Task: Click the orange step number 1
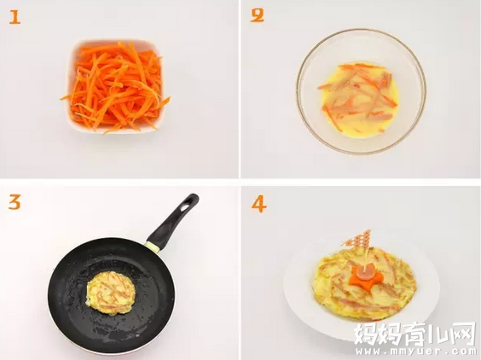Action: tap(14, 17)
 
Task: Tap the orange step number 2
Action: tap(257, 15)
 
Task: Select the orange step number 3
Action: tap(14, 203)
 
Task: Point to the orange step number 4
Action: tap(259, 205)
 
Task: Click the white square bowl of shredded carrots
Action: tap(116, 86)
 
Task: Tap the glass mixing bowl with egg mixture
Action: tap(361, 91)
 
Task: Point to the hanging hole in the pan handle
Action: tap(187, 206)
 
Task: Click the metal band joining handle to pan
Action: tap(153, 247)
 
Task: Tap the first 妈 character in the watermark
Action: tap(366, 334)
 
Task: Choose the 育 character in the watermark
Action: tap(414, 334)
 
